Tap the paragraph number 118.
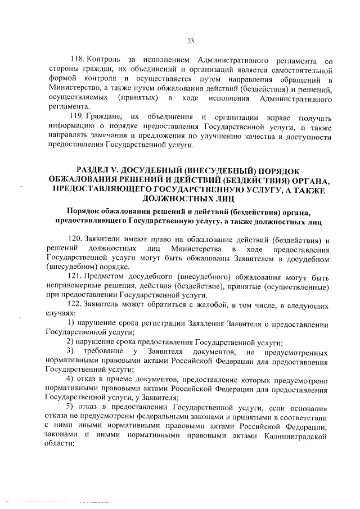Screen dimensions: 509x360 pyautogui.click(x=76, y=60)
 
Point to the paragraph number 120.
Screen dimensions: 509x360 pyautogui.click(x=76, y=239)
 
